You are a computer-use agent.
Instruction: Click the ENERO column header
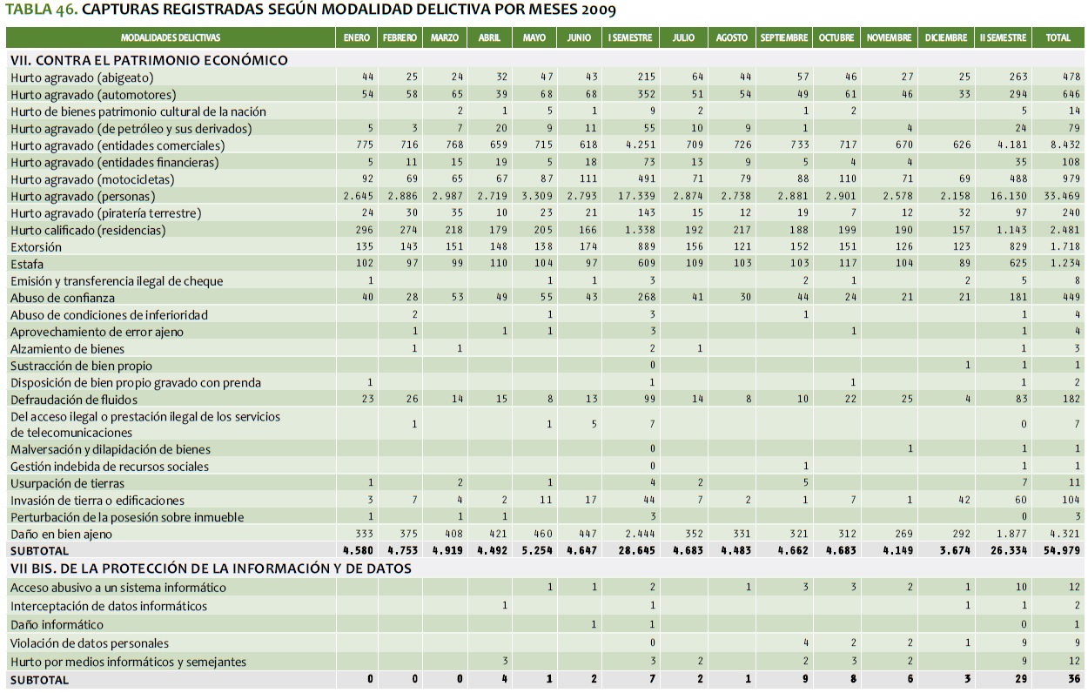pos(356,38)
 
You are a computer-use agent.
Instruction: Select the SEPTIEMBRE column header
pos(784,38)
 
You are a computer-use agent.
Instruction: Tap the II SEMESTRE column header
pos(1003,38)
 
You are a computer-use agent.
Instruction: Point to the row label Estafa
pos(27,264)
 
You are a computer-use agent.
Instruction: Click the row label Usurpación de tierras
pos(67,483)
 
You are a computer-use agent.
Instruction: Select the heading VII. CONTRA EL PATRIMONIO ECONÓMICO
pos(149,60)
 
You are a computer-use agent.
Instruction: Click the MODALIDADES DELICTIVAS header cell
pos(171,38)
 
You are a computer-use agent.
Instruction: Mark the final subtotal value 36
pos(1073,679)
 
